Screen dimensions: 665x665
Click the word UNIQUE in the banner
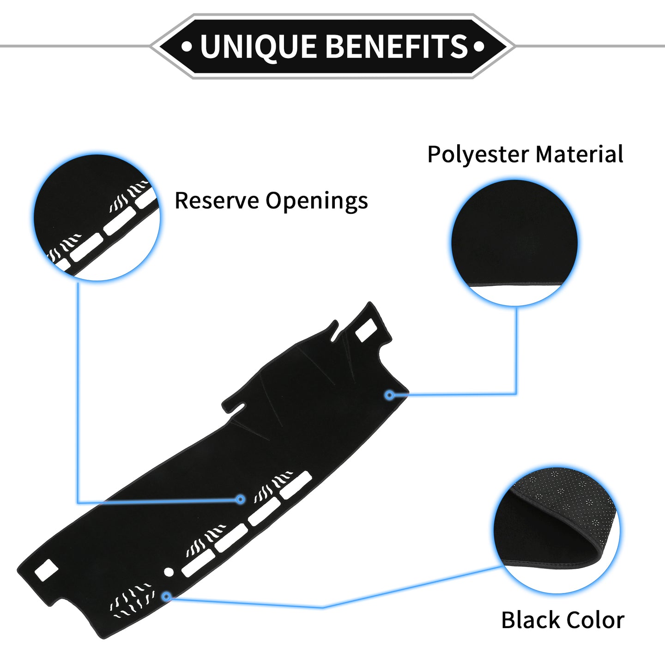click(258, 47)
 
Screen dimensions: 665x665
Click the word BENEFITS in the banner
click(397, 46)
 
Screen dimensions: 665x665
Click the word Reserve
click(217, 200)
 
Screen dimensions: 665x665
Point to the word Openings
click(317, 201)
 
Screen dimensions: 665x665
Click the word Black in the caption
click(530, 620)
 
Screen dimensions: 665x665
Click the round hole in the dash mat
click(169, 572)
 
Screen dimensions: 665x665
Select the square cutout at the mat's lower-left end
click(46, 570)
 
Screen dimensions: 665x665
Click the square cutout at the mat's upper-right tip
click(366, 330)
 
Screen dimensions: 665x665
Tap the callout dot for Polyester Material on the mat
click(390, 395)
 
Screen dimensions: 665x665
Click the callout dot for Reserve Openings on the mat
click(241, 499)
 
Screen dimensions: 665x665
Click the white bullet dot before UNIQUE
click(187, 47)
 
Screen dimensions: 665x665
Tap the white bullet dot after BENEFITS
click(479, 47)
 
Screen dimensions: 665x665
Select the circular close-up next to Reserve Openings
click(97, 218)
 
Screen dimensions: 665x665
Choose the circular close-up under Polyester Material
click(514, 242)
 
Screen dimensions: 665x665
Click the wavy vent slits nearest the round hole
click(133, 602)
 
